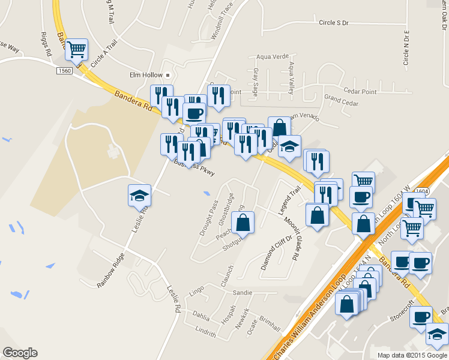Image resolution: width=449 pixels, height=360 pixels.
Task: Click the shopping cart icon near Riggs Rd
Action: pyautogui.click(x=76, y=49)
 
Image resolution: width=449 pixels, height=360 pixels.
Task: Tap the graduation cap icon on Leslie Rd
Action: pyautogui.click(x=139, y=195)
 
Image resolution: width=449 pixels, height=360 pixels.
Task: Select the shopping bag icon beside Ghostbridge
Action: pyautogui.click(x=243, y=223)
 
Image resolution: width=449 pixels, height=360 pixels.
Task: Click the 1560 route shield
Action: pyautogui.click(x=64, y=71)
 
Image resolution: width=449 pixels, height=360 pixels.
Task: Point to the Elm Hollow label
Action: pyautogui.click(x=146, y=75)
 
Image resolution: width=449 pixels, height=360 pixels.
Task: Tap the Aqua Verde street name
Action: pyautogui.click(x=269, y=56)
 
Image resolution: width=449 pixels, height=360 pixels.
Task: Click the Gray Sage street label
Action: pyautogui.click(x=255, y=83)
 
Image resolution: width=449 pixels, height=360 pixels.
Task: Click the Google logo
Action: pyautogui.click(x=20, y=353)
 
